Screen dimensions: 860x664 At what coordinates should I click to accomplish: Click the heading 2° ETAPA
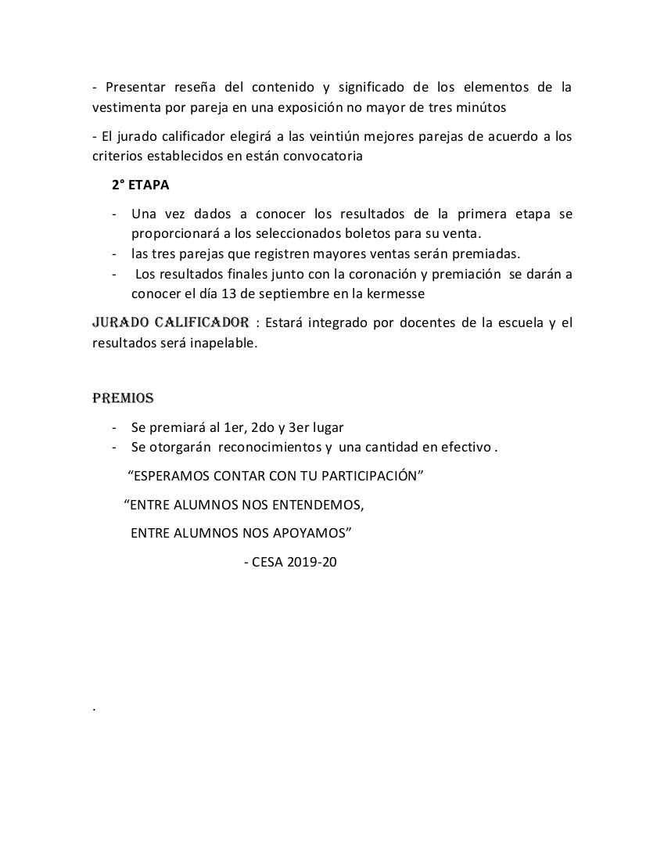pos(140,185)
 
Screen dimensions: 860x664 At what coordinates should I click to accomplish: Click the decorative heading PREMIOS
pos(123,398)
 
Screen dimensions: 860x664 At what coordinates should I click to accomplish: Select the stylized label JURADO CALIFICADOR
pos(170,322)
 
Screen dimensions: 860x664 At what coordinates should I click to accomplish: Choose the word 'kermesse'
pos(398,293)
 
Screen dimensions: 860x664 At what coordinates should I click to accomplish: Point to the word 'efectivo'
pos(466,448)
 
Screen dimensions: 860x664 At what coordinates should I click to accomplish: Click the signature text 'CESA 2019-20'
pos(294,562)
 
